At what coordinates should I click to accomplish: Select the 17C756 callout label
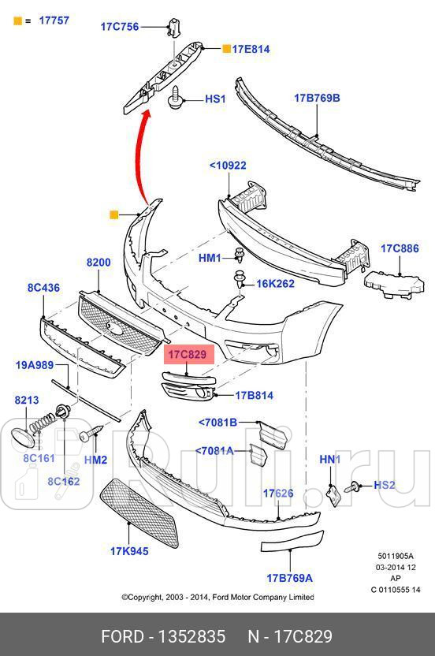(x=120, y=27)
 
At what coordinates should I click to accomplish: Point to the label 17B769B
(x=317, y=99)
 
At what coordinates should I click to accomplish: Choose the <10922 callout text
(x=228, y=166)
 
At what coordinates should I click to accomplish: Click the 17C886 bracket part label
(x=400, y=248)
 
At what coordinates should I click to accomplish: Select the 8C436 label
(x=44, y=289)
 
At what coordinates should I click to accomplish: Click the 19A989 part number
(x=35, y=364)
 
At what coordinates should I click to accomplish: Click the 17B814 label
(x=254, y=396)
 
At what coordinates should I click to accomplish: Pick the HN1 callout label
(x=329, y=460)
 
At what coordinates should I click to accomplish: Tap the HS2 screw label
(x=385, y=485)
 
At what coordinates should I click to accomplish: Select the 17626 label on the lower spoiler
(x=278, y=494)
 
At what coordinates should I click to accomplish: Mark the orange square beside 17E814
(x=227, y=49)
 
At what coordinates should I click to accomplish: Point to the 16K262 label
(x=275, y=284)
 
